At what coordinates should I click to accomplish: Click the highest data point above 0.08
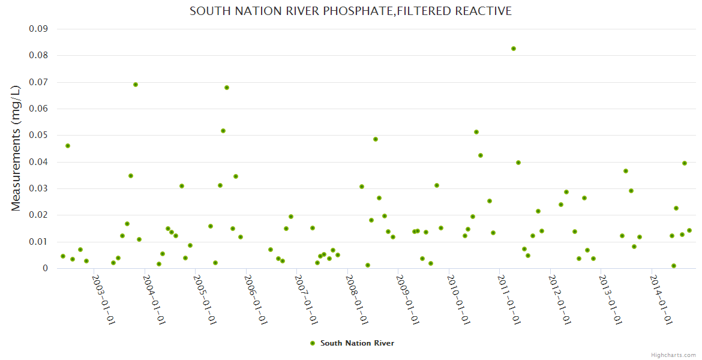[514, 49]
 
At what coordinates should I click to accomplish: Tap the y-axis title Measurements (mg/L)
[16, 148]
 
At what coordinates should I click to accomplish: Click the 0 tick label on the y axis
[45, 268]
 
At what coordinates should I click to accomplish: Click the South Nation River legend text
[357, 343]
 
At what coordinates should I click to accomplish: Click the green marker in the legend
[312, 343]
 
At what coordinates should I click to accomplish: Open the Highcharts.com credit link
[673, 355]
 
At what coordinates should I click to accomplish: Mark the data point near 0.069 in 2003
[136, 85]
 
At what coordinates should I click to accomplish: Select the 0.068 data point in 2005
[227, 88]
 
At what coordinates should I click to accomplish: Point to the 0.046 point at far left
[68, 146]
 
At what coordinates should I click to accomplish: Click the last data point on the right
[689, 230]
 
